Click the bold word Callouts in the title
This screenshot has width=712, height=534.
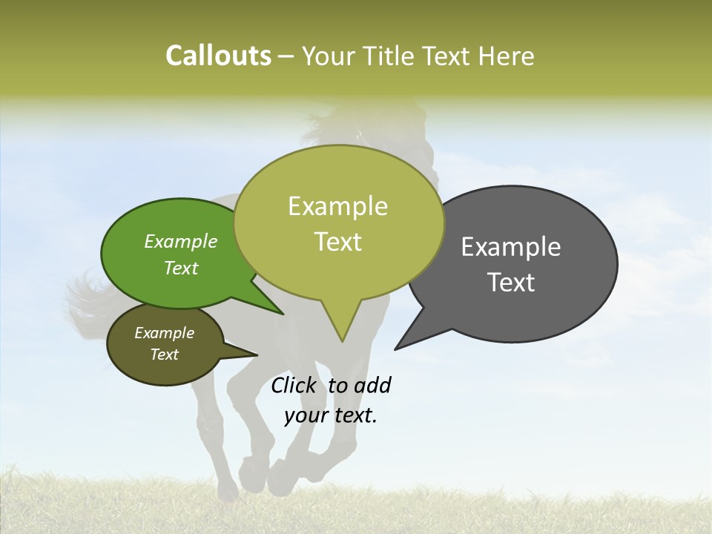pos(218,56)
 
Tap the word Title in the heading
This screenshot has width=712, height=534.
pos(392,56)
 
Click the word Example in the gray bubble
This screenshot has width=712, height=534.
pos(511,247)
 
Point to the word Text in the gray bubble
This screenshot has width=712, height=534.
pos(511,283)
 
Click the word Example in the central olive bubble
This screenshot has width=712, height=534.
pos(338,206)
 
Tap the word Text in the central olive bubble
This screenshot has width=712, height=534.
pos(338,242)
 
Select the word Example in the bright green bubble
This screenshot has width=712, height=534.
pos(181,241)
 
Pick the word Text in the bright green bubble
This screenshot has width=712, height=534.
pos(181,268)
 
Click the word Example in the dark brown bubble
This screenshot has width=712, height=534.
pos(165,333)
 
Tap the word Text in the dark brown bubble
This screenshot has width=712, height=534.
pos(165,355)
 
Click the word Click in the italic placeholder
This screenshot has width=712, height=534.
pos(295,385)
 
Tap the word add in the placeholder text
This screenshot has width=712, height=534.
pos(372,385)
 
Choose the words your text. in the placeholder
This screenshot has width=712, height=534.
pos(331,415)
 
